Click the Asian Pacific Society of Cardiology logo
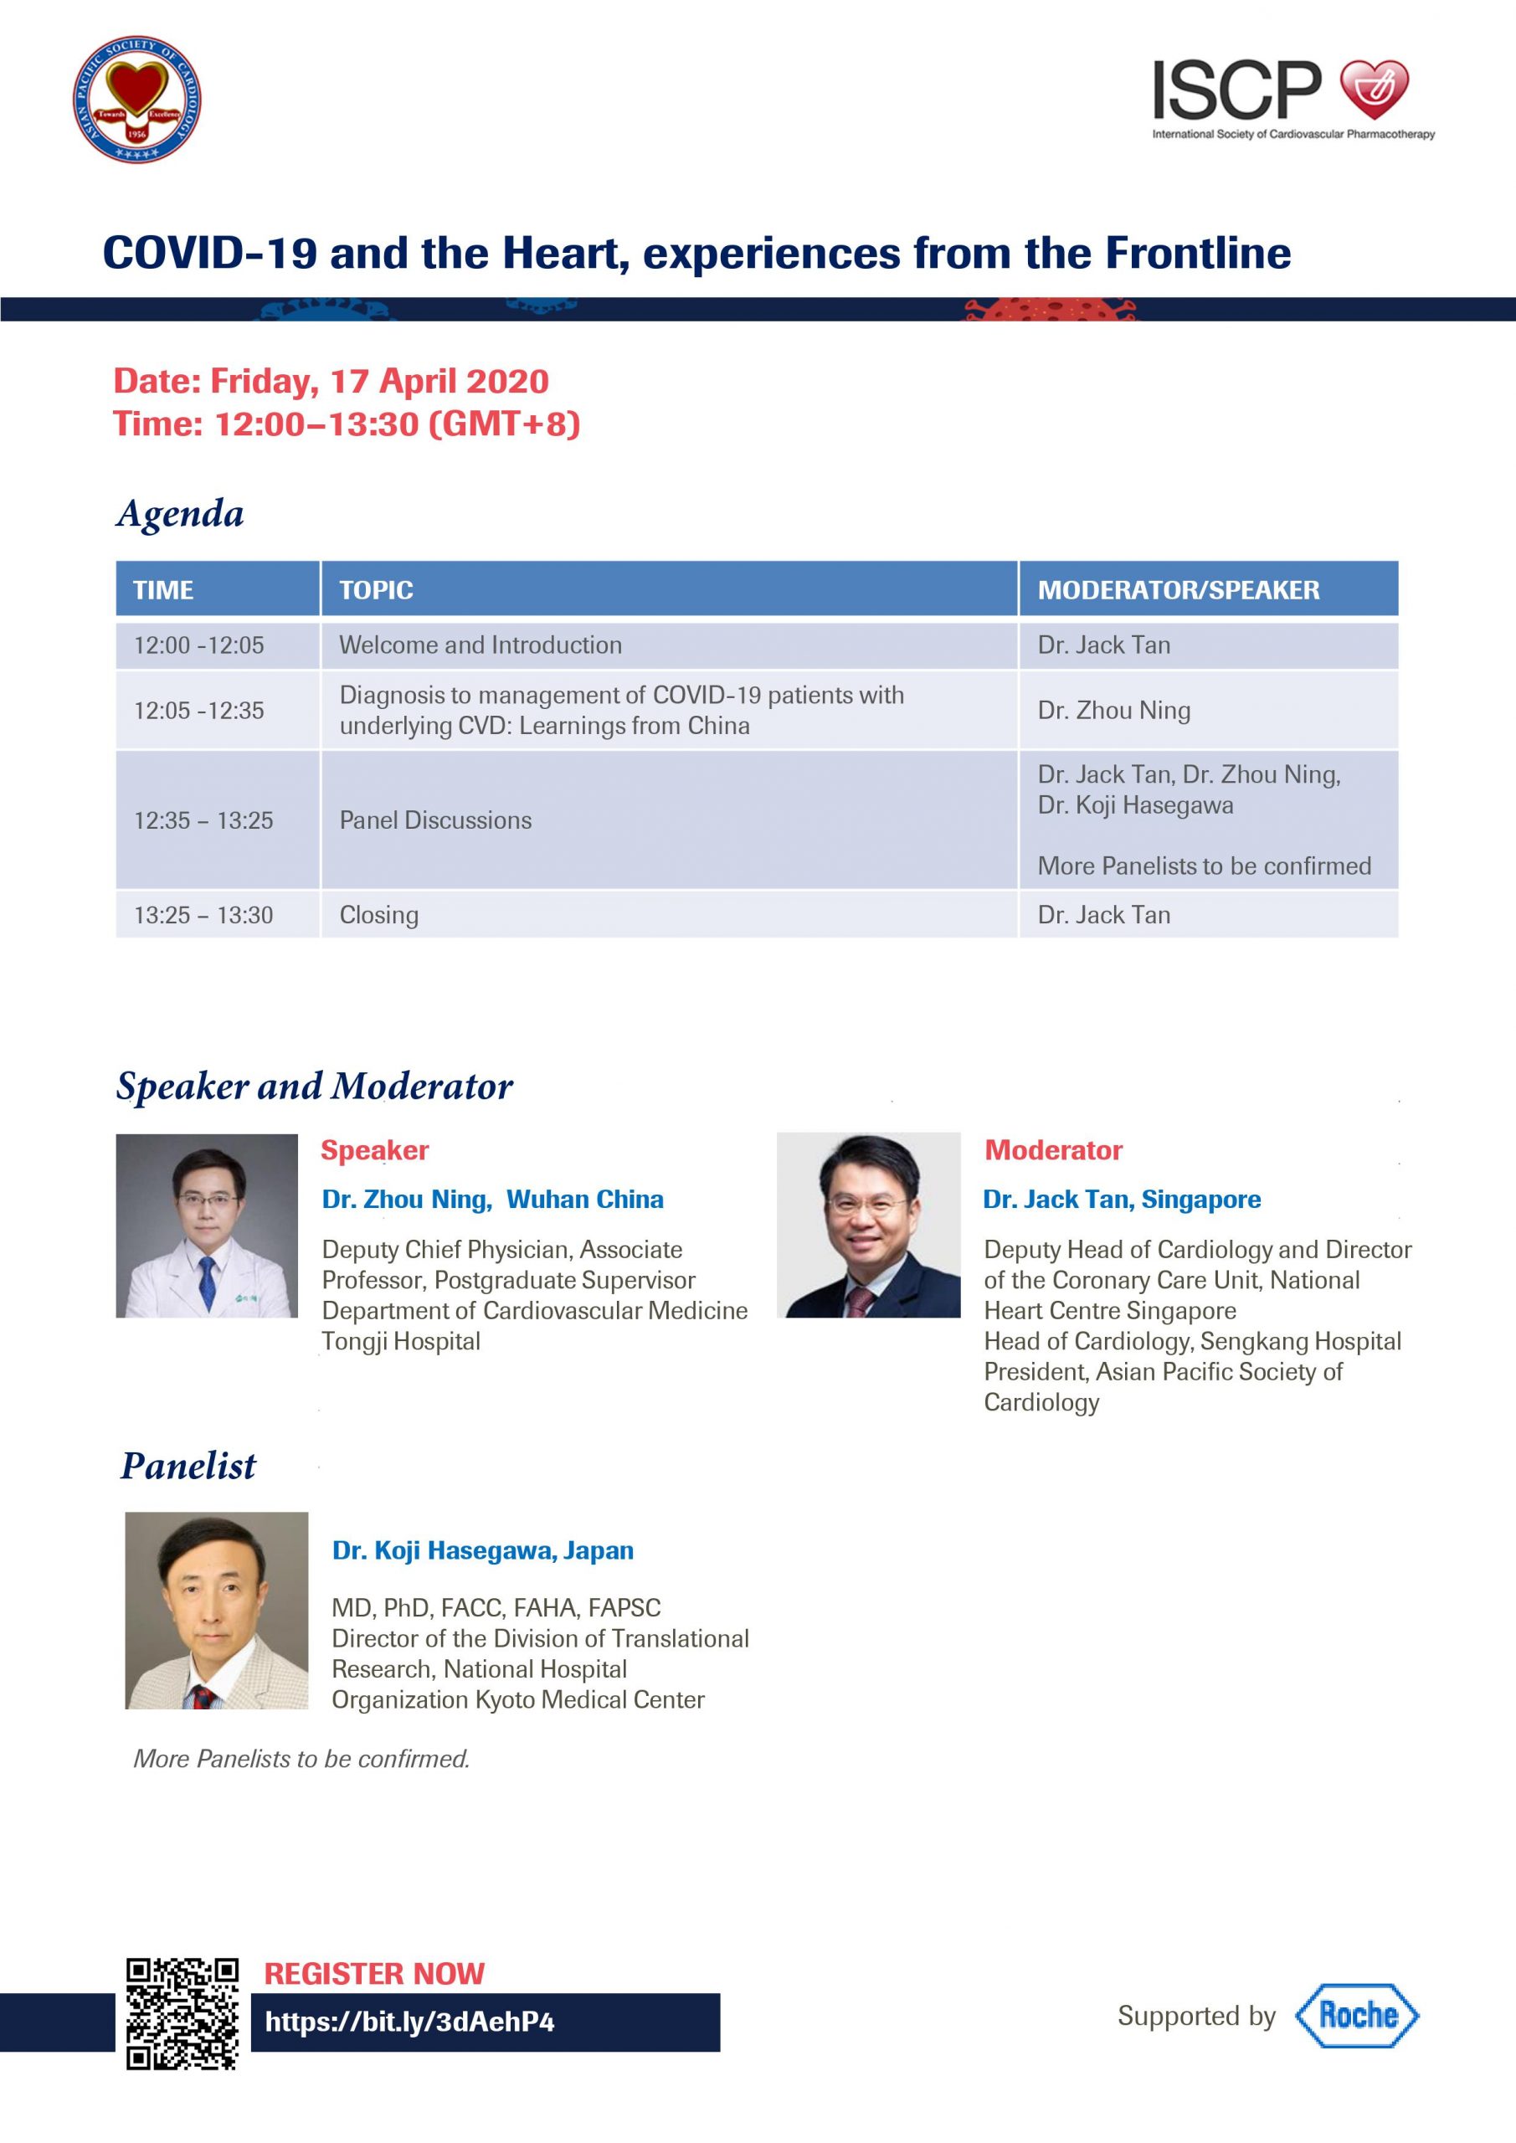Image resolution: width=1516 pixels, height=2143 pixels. point(137,100)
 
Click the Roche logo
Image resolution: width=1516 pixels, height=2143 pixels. point(1356,2016)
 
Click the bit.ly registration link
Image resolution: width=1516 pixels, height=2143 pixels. point(410,2022)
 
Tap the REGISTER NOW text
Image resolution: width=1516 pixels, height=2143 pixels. point(374,1973)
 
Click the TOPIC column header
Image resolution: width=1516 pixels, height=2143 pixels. point(376,590)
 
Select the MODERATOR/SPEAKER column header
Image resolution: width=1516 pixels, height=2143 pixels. point(1179,590)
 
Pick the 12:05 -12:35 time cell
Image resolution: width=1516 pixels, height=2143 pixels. point(199,711)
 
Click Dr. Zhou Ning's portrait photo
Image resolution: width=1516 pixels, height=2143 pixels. point(206,1226)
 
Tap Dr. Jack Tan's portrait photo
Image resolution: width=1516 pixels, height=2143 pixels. point(868,1225)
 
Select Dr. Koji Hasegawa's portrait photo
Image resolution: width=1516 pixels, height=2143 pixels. point(217,1610)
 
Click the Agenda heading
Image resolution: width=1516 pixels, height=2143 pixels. point(180,514)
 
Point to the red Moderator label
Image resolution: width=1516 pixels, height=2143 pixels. point(1053,1150)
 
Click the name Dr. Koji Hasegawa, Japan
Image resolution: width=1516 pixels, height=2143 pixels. point(483,1551)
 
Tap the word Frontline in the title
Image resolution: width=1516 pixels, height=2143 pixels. point(1199,253)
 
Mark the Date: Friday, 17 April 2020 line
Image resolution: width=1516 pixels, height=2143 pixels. point(331,381)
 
